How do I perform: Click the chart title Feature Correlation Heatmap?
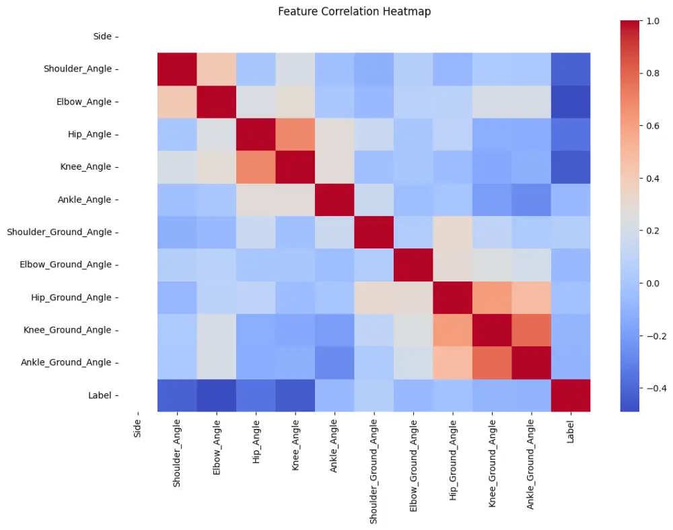pos(355,11)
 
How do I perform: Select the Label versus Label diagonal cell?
pos(571,395)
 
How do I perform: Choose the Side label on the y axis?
pos(102,36)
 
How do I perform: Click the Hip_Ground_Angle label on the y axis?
pos(69,297)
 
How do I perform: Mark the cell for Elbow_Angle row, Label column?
pos(571,102)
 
